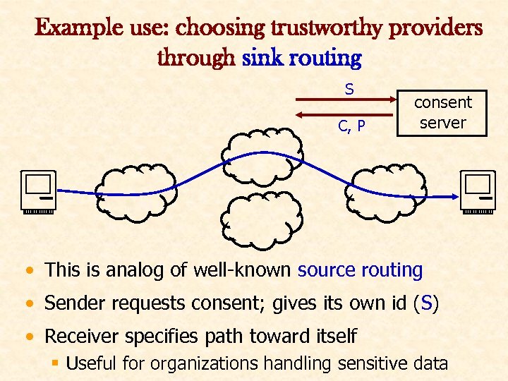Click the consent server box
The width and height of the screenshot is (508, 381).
(442, 112)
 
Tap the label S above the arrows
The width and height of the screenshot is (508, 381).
(349, 90)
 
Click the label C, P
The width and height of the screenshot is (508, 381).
(351, 127)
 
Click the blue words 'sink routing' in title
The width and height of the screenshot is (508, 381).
(301, 57)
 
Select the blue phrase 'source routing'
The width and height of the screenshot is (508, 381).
(360, 270)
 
